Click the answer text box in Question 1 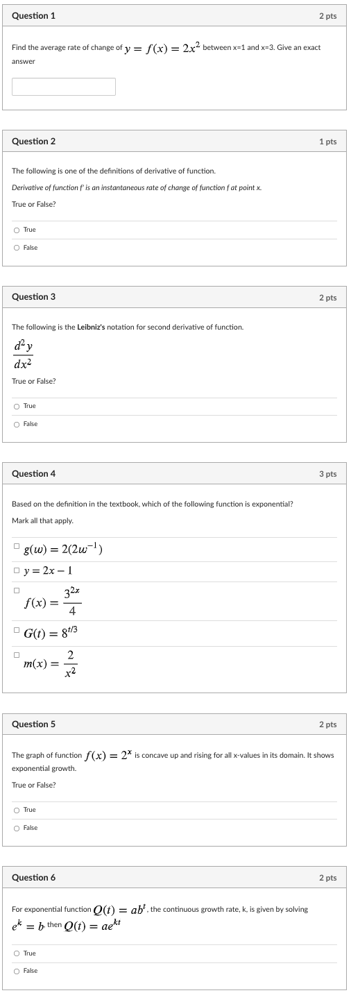pyautogui.click(x=64, y=87)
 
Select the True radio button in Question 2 pyautogui.click(x=16, y=230)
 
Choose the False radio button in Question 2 pyautogui.click(x=16, y=248)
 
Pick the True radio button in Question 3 pyautogui.click(x=16, y=406)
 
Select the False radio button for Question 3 pyautogui.click(x=16, y=424)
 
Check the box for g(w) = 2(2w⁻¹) pyautogui.click(x=16, y=546)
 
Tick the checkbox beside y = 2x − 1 pyautogui.click(x=16, y=570)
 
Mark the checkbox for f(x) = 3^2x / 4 pyautogui.click(x=16, y=591)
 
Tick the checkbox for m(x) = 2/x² pyautogui.click(x=16, y=654)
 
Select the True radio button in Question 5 pyautogui.click(x=16, y=810)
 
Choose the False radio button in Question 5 pyautogui.click(x=16, y=828)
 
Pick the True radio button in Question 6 pyautogui.click(x=16, y=953)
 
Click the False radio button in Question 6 pyautogui.click(x=16, y=971)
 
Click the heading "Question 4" pyautogui.click(x=34, y=474)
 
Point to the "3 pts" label pyautogui.click(x=327, y=474)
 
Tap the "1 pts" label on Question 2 pyautogui.click(x=327, y=142)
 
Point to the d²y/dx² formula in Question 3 pyautogui.click(x=22, y=354)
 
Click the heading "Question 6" pyautogui.click(x=34, y=878)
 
